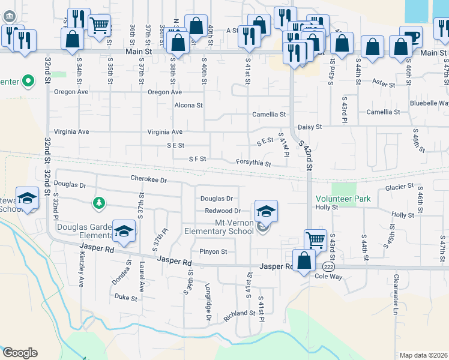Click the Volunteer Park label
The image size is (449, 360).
tap(343, 199)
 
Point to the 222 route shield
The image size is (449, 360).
tap(328, 266)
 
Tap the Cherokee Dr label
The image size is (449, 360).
tap(148, 179)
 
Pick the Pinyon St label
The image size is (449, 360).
tap(213, 252)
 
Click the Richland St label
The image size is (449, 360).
tap(239, 314)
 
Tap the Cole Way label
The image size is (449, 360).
tap(328, 277)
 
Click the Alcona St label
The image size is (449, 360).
tap(188, 106)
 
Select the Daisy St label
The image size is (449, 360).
tap(310, 127)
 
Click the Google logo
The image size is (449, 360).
tap(20, 353)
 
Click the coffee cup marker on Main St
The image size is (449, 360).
tap(411, 37)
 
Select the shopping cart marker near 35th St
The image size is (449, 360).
tap(99, 25)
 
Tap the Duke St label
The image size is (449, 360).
tap(126, 297)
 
